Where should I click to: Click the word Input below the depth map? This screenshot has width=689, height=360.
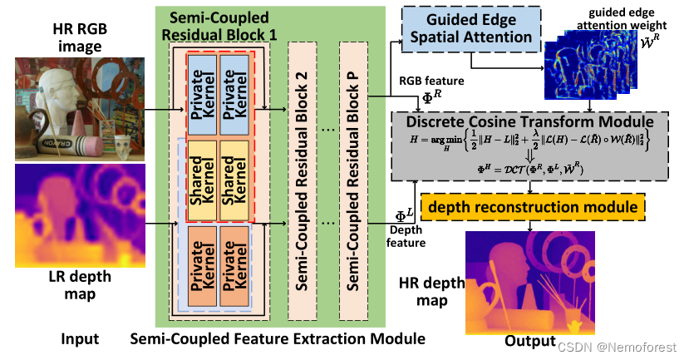click(x=79, y=338)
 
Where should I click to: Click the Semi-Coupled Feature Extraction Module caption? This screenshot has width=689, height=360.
click(x=278, y=339)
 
